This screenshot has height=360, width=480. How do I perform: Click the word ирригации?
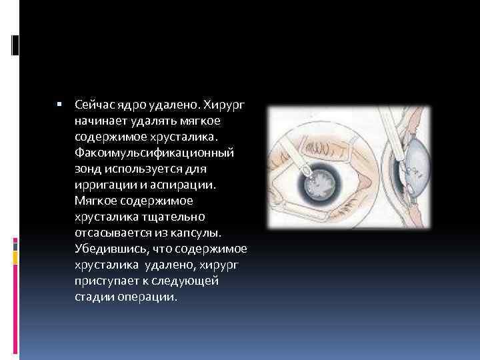[101, 184]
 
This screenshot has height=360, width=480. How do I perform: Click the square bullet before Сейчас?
[59, 105]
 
